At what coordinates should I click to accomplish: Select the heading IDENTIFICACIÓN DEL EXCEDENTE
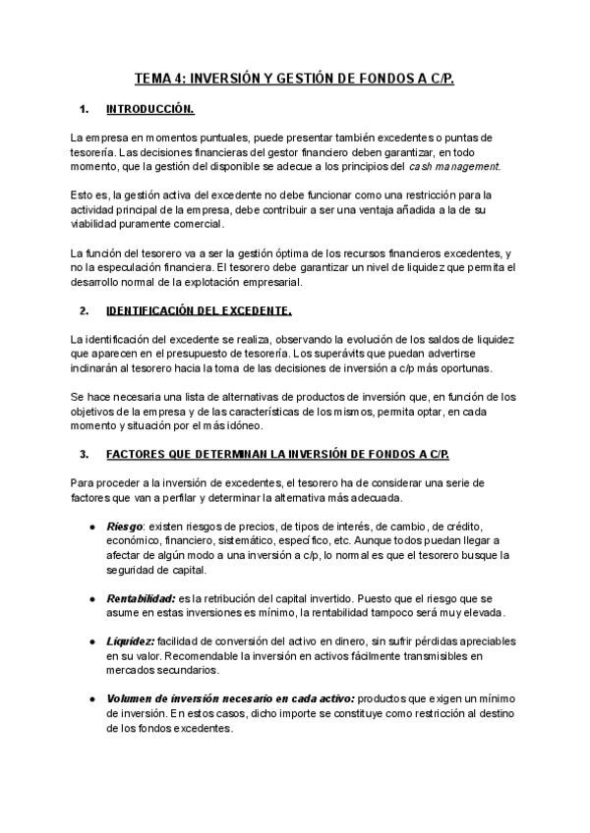click(198, 311)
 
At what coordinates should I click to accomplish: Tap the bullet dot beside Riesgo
click(91, 527)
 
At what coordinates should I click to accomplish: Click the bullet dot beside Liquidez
click(91, 641)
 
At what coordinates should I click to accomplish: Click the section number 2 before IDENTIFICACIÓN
click(84, 311)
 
